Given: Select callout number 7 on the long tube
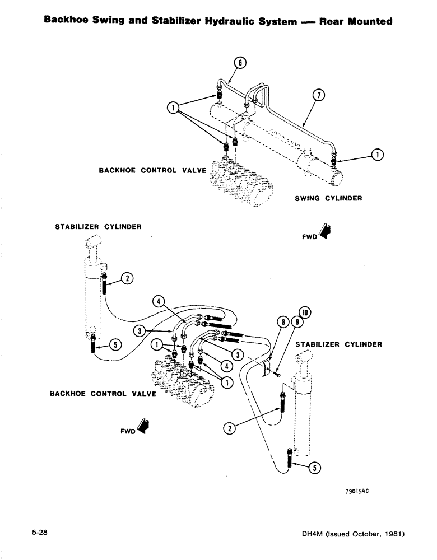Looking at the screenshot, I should pyautogui.click(x=319, y=96).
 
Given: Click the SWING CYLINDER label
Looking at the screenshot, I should pyautogui.click(x=329, y=198).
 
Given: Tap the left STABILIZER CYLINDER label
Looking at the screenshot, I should pyautogui.click(x=97, y=227).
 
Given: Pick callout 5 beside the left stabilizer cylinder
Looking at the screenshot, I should pyautogui.click(x=115, y=346).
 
